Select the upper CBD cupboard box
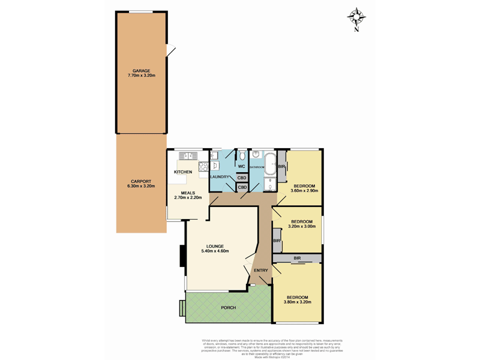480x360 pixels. [x=242, y=178]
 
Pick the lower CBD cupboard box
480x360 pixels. [x=242, y=188]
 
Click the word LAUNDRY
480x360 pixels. [x=221, y=176]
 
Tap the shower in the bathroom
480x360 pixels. [x=271, y=183]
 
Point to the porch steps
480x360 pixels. [x=182, y=308]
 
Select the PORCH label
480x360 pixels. [x=228, y=307]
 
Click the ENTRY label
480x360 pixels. [x=261, y=270]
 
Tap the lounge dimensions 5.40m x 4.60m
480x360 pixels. [x=215, y=251]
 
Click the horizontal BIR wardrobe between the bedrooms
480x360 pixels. [x=298, y=258]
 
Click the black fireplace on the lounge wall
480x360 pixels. [x=182, y=256]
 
